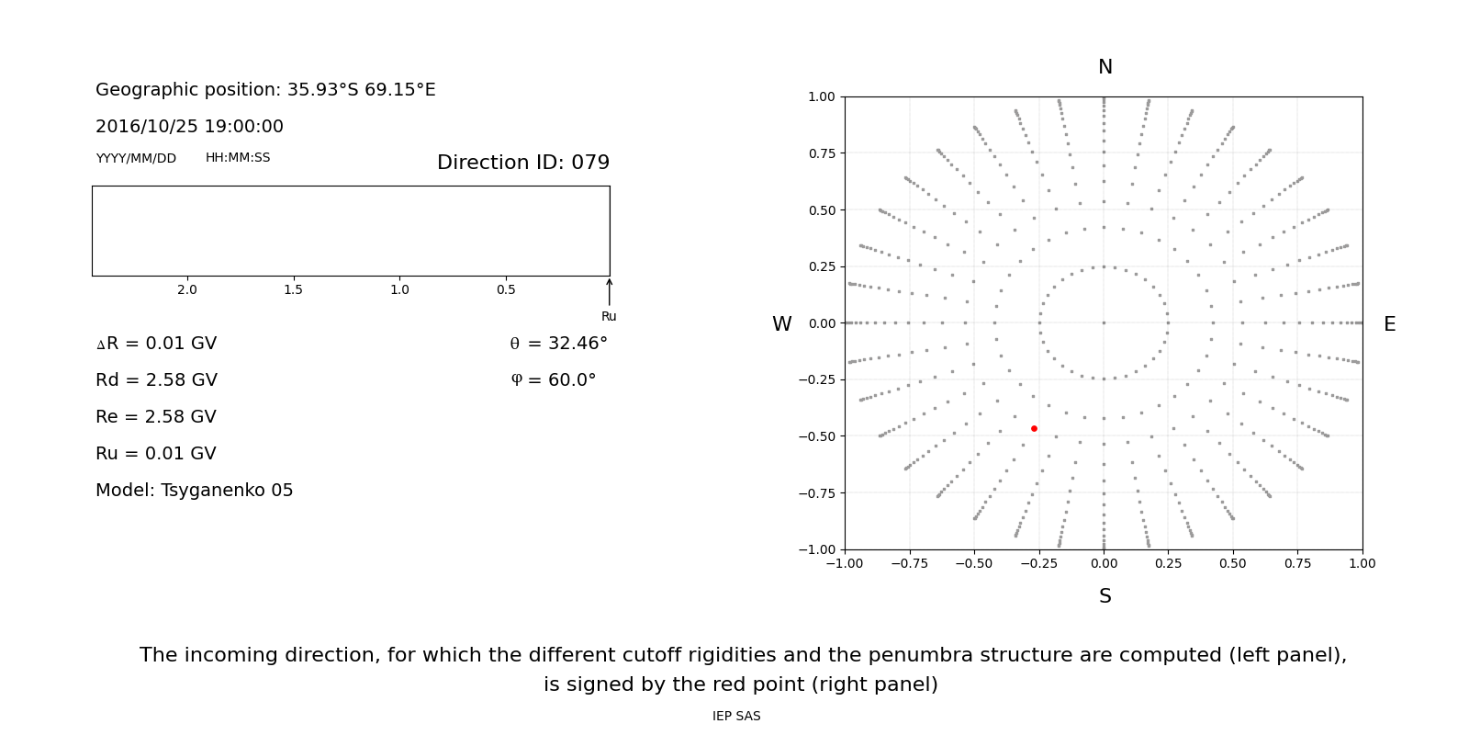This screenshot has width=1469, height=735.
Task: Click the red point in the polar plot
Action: point(1034,428)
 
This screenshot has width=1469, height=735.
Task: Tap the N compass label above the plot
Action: point(1105,67)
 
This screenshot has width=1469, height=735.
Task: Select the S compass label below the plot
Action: point(1105,596)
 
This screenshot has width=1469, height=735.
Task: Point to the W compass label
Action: point(781,324)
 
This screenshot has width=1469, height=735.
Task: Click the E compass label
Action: point(1389,324)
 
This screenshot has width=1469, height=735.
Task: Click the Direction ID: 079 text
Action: point(522,163)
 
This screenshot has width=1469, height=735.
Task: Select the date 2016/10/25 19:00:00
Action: point(189,127)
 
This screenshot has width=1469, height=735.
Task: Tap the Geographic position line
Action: point(265,90)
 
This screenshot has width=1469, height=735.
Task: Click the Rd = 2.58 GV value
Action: point(156,380)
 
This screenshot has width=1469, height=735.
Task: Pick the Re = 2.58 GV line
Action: point(156,417)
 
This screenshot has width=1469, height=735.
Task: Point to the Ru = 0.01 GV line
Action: point(156,454)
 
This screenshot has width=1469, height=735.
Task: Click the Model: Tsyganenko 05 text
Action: point(194,491)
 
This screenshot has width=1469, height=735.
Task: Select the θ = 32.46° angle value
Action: point(558,344)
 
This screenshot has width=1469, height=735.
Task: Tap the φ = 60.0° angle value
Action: point(553,380)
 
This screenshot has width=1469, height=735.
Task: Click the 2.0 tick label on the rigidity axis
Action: point(187,290)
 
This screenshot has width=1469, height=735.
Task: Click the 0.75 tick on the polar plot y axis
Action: point(821,153)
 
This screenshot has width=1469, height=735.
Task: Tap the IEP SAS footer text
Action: point(736,717)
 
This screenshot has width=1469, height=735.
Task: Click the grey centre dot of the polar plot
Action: point(1104,322)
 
